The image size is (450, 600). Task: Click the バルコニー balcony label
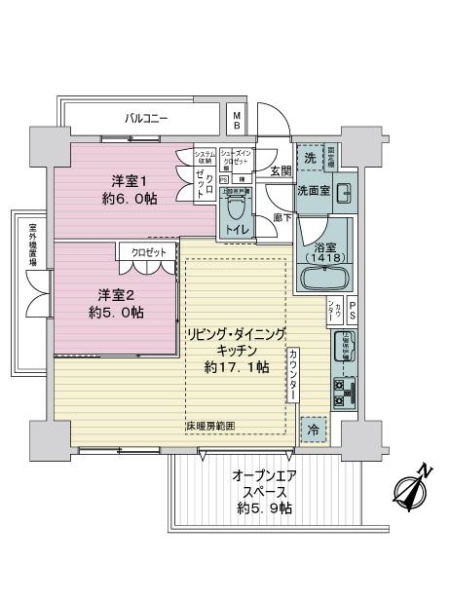(x=146, y=118)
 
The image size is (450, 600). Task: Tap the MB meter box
(x=237, y=121)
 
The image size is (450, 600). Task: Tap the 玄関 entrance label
(x=279, y=171)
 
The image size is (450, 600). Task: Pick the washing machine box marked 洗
(x=310, y=160)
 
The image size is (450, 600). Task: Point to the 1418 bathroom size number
(x=321, y=257)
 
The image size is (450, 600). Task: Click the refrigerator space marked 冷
(x=313, y=430)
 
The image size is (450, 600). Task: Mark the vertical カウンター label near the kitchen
(x=292, y=375)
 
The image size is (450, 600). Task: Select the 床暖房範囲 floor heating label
(x=209, y=427)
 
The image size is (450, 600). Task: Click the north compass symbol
(x=415, y=487)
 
